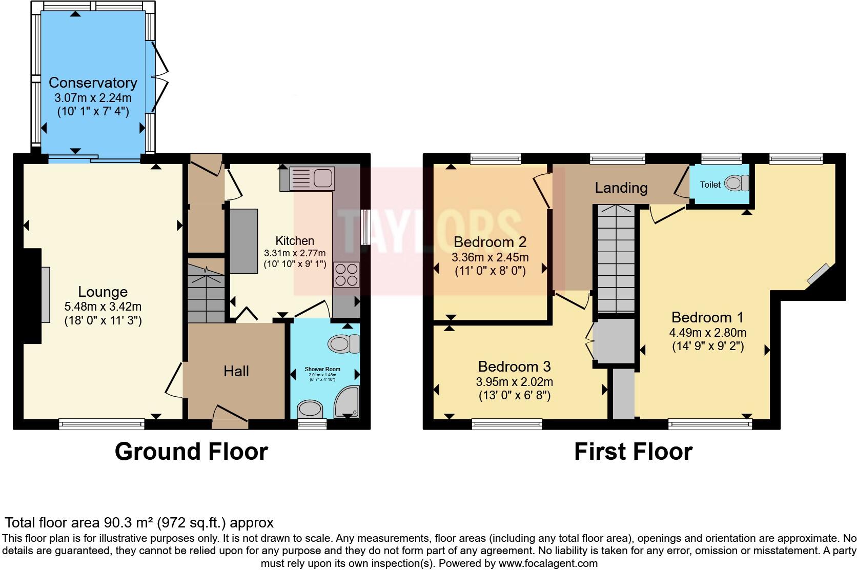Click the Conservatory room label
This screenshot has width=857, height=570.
(93, 83)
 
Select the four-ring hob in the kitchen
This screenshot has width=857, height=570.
(346, 274)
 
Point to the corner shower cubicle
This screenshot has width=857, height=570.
(347, 402)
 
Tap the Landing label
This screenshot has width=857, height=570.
(621, 188)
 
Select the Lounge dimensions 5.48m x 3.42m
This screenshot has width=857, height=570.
(103, 307)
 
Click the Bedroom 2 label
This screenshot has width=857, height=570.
(490, 241)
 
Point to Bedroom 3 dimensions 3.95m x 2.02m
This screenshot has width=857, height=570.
(514, 382)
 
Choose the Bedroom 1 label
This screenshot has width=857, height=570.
(707, 317)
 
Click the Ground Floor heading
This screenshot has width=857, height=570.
(191, 452)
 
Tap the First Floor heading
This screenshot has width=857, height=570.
(633, 452)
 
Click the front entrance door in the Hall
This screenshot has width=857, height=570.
(230, 415)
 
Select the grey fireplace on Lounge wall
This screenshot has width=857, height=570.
(46, 294)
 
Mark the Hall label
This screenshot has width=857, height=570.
(236, 371)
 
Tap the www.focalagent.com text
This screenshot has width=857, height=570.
(548, 563)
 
